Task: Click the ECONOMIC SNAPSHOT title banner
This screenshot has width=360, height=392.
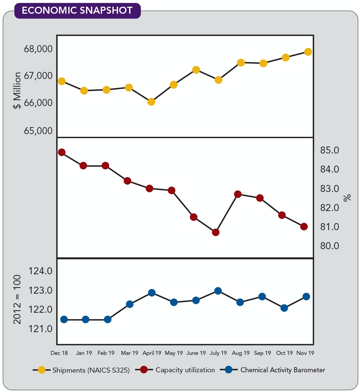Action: tap(77, 10)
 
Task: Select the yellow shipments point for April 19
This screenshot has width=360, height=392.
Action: tap(151, 102)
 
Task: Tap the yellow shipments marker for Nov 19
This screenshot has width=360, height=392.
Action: tap(308, 52)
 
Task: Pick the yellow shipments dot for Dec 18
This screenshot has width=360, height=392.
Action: tap(62, 81)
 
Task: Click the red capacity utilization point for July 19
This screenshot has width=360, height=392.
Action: tap(216, 232)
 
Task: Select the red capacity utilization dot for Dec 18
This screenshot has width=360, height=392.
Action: tap(62, 152)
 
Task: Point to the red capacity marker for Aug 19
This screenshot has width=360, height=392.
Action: tap(238, 194)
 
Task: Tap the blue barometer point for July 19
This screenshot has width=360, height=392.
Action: tap(218, 291)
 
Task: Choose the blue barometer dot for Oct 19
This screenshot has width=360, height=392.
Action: tap(284, 308)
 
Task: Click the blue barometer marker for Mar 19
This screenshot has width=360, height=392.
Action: tap(130, 304)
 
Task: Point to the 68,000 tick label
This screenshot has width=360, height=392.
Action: tap(38, 49)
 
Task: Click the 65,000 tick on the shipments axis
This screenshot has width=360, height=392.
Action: tap(38, 131)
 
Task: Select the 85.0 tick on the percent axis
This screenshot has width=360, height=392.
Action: tap(330, 151)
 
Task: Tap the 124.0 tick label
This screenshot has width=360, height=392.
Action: tap(40, 271)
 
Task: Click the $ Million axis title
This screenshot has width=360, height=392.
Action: tap(17, 90)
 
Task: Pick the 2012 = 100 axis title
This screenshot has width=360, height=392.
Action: tap(17, 300)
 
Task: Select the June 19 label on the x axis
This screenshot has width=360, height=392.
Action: tap(196, 353)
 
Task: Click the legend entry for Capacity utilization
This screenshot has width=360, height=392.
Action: tap(185, 370)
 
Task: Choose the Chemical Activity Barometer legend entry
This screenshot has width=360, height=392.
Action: tap(283, 370)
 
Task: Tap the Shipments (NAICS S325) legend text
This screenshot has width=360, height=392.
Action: tap(91, 370)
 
